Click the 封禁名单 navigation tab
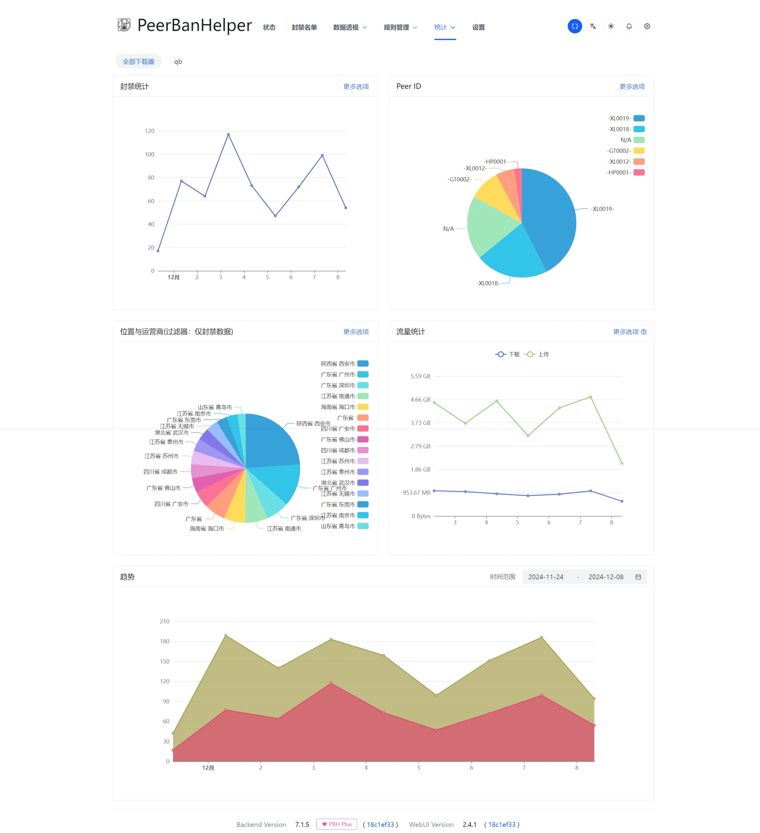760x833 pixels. pyautogui.click(x=304, y=27)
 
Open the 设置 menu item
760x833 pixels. pyautogui.click(x=478, y=27)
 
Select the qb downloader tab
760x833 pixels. pyautogui.click(x=178, y=61)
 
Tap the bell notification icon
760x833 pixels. pyautogui.click(x=628, y=26)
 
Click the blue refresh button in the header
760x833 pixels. pyautogui.click(x=574, y=26)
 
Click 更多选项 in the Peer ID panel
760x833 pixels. pyautogui.click(x=632, y=87)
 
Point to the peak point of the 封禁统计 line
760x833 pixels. pyautogui.click(x=228, y=134)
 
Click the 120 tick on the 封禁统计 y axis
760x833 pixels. pyautogui.click(x=150, y=131)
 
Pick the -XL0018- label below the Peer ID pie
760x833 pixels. pyautogui.click(x=488, y=283)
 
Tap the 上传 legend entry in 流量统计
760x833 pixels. pyautogui.click(x=537, y=354)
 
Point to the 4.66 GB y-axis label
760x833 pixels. pyautogui.click(x=420, y=399)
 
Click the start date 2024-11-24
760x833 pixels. pyautogui.click(x=545, y=577)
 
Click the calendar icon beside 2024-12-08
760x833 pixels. pyautogui.click(x=638, y=577)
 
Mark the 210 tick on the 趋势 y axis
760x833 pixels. pyautogui.click(x=164, y=621)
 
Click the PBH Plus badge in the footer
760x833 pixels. pyautogui.click(x=337, y=824)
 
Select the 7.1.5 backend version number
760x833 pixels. pyautogui.click(x=302, y=824)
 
